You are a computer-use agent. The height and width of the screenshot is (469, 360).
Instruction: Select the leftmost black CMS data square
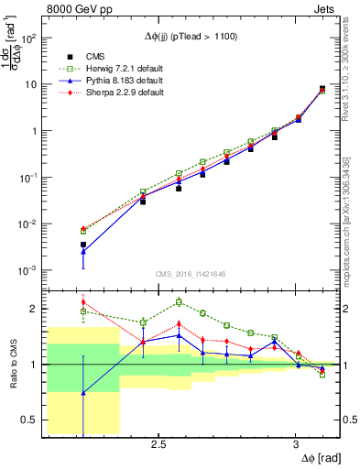point(83,245)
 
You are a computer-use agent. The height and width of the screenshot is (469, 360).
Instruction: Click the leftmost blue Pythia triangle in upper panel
point(83,250)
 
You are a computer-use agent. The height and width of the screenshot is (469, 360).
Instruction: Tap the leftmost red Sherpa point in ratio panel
point(83,302)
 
